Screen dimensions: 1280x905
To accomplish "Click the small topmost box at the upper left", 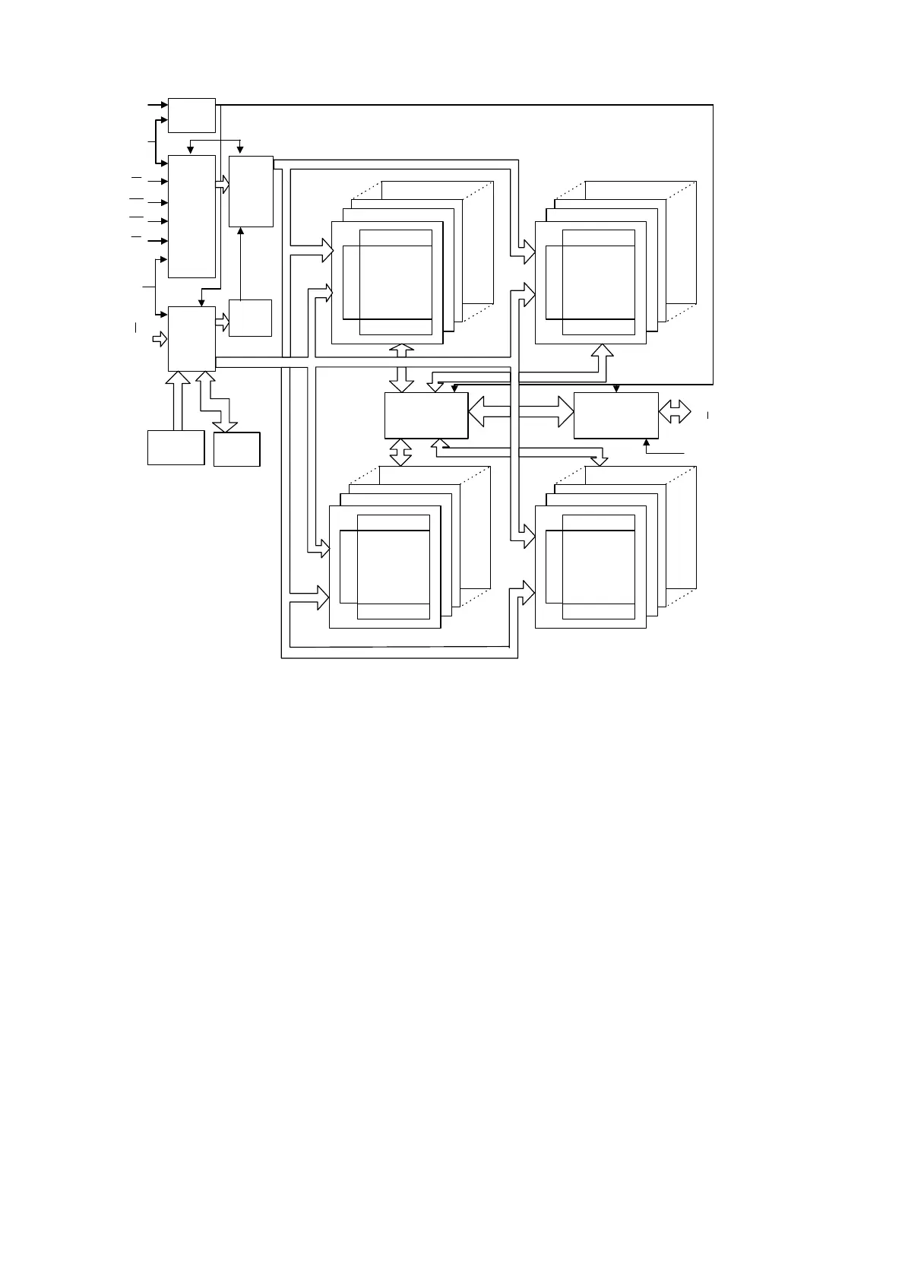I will pos(191,115).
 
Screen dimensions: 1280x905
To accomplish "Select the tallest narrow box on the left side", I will pos(191,217).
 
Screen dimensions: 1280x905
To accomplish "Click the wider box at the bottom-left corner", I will pos(176,447).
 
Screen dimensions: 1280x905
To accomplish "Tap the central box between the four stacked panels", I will pos(426,415).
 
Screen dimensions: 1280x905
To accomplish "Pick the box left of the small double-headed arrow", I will pos(615,415).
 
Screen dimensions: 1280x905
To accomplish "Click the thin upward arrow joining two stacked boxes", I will pos(240,262).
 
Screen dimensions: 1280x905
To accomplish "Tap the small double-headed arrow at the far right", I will pos(675,412).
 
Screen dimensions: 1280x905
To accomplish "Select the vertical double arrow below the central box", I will pos(400,451).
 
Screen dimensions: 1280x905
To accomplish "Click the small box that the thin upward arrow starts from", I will pos(250,318).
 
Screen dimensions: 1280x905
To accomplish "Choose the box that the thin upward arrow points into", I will pos(251,192).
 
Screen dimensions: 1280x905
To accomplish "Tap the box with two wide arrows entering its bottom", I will pos(191,339).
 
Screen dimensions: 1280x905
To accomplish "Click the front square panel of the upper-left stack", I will pos(387,282).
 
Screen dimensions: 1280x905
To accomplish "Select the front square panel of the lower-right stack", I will pos(590,567).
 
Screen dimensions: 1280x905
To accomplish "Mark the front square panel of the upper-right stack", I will pos(590,282).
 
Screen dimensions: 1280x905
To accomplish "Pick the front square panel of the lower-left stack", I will pos(384,567).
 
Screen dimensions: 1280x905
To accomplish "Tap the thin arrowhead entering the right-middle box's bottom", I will pos(646,442).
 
